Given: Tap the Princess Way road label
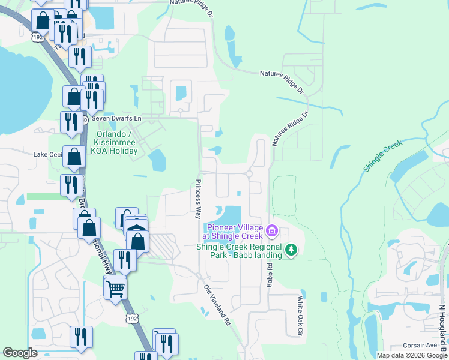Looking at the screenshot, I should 197,198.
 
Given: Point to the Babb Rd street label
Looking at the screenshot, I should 270,275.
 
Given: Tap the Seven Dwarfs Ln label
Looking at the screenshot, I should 116,119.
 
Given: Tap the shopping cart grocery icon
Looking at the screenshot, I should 115,288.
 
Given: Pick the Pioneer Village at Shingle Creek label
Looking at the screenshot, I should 234,232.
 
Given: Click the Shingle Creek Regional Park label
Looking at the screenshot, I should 239,250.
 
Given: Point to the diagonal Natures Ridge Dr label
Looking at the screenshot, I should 289,128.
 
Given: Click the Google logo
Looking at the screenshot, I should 20,353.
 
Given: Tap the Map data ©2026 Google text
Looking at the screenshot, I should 412,355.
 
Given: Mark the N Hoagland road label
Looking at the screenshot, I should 442,324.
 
